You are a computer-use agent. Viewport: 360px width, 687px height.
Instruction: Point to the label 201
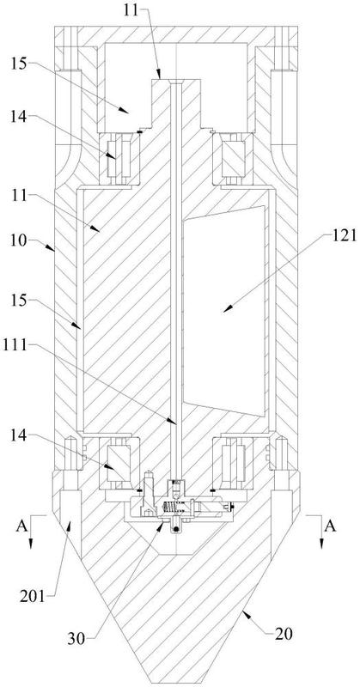point(34,597)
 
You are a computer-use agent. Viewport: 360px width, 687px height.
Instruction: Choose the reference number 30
point(76,639)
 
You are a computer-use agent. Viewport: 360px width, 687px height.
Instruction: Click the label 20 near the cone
point(284,633)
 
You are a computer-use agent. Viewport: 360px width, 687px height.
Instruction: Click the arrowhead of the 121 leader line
point(226,309)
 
